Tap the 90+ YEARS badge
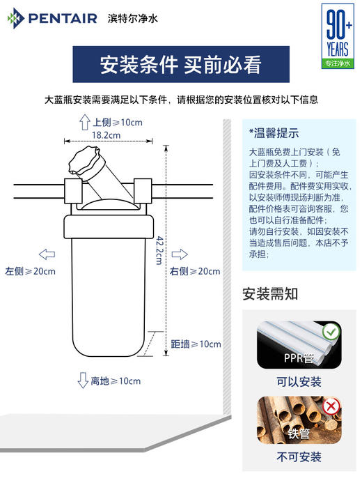[x=338, y=35]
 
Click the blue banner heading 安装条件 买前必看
[x=180, y=65]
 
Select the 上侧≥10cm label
[x=117, y=122]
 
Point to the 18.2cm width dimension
[x=106, y=135]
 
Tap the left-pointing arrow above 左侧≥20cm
[x=47, y=254]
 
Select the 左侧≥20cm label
[x=30, y=270]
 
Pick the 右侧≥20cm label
[x=195, y=270]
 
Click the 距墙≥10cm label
[x=196, y=344]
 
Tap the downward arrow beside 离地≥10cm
[x=82, y=381]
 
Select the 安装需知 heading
[x=269, y=293]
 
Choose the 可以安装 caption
[x=299, y=381]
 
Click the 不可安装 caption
[x=299, y=457]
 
